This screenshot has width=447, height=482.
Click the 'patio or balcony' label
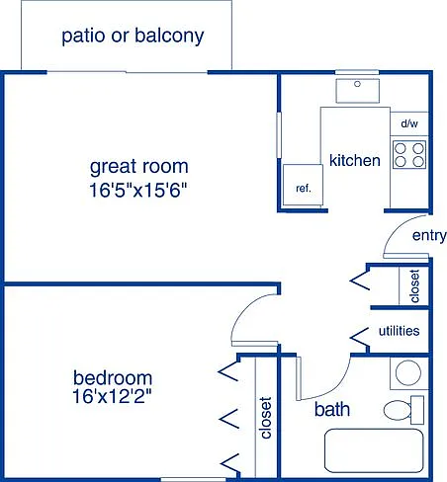coord(133,36)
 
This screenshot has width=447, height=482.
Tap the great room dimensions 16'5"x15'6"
coord(138,190)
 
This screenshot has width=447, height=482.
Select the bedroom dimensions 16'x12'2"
coord(112,396)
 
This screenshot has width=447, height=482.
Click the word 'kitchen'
coord(355,160)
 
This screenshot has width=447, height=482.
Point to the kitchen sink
coord(357,91)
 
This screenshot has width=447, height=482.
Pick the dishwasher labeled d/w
coord(409,123)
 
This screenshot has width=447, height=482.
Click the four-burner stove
coord(409,155)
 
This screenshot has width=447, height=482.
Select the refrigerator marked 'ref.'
coord(303,185)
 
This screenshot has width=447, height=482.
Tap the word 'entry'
coord(429,236)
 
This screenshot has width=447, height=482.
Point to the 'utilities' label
coord(399,331)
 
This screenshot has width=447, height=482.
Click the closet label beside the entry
coord(414,285)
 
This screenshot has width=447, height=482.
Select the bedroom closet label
coord(265,418)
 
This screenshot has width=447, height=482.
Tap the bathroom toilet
coord(403,410)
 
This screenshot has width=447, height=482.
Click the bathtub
coord(374,451)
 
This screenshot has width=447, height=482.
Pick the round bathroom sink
coord(408,373)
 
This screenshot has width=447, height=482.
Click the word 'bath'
coord(332,409)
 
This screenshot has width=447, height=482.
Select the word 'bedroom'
coord(113,378)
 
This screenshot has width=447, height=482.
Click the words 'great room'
coord(138,167)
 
